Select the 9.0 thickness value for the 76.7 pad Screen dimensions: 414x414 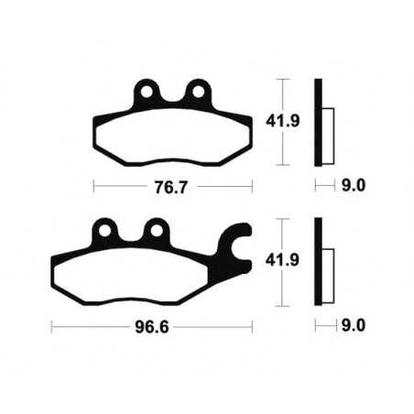tap(354, 186)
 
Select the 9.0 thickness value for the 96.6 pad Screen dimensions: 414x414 tap(354, 324)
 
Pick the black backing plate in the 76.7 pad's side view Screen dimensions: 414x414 tap(319, 121)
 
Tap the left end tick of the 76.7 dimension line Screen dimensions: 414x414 tap(95, 186)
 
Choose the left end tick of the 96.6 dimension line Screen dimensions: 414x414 tap(52, 324)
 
